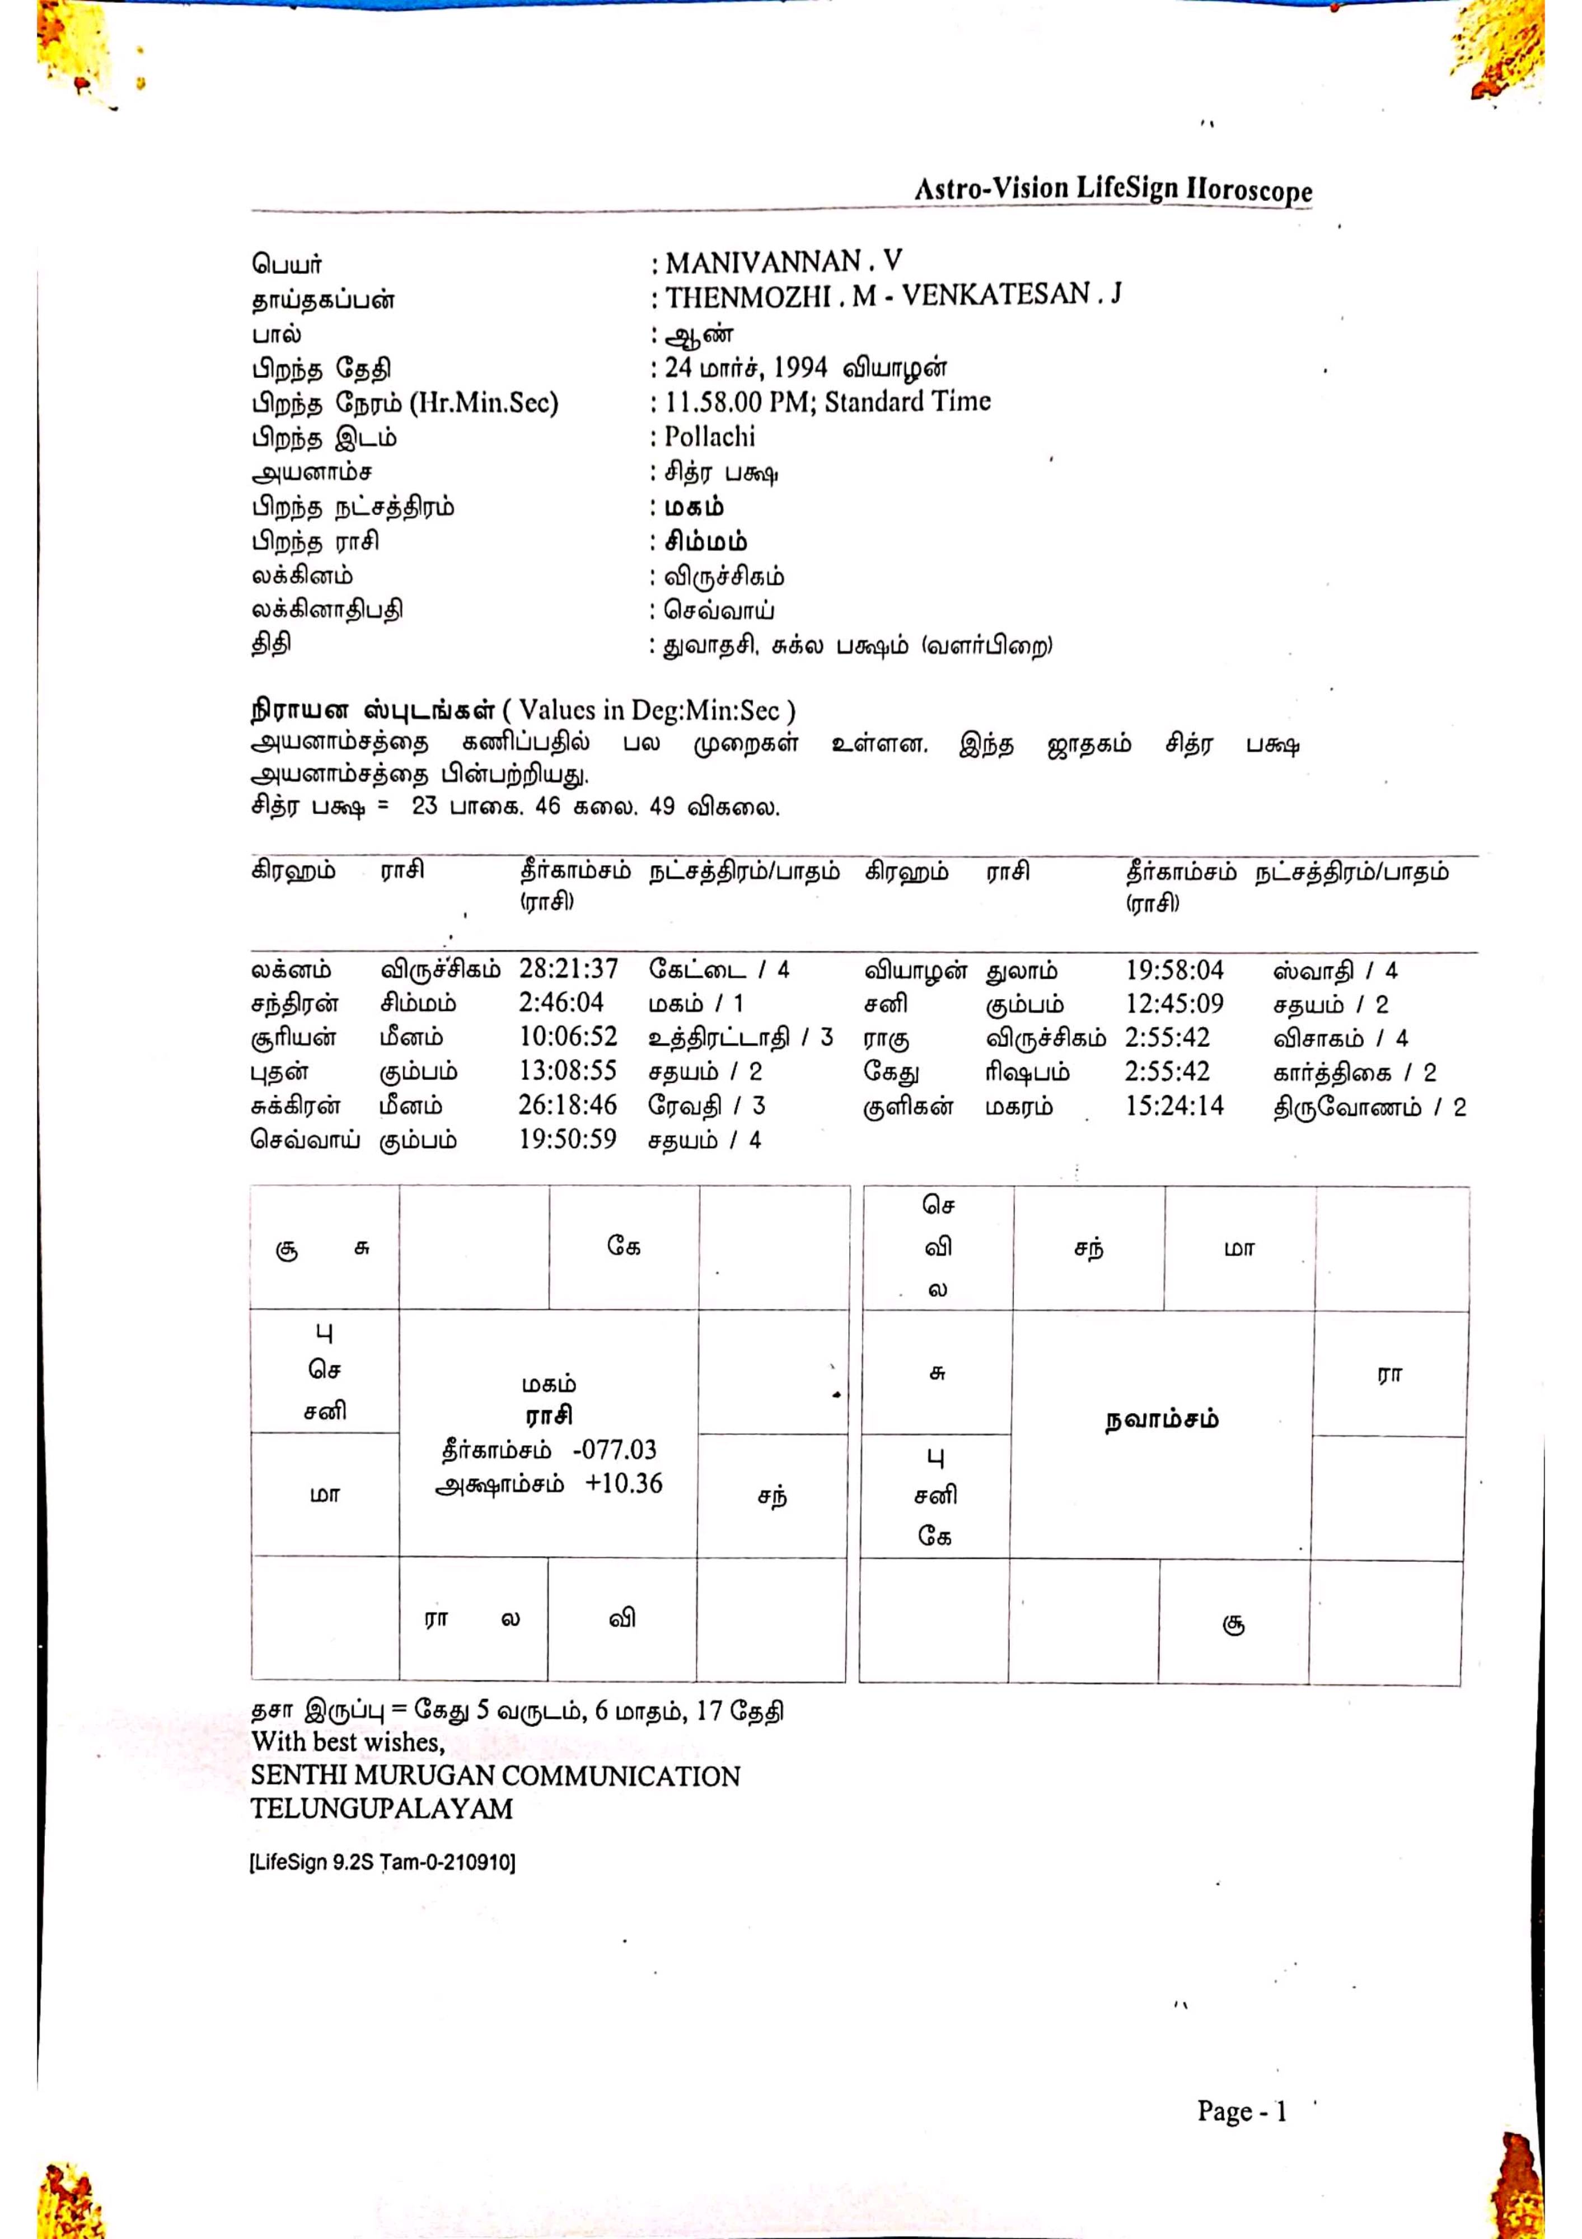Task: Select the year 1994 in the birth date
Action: [x=800, y=369]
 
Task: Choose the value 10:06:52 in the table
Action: [x=568, y=1037]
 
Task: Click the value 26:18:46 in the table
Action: [x=568, y=1105]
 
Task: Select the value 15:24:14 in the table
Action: [x=1174, y=1106]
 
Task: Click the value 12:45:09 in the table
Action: [x=1174, y=1004]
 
